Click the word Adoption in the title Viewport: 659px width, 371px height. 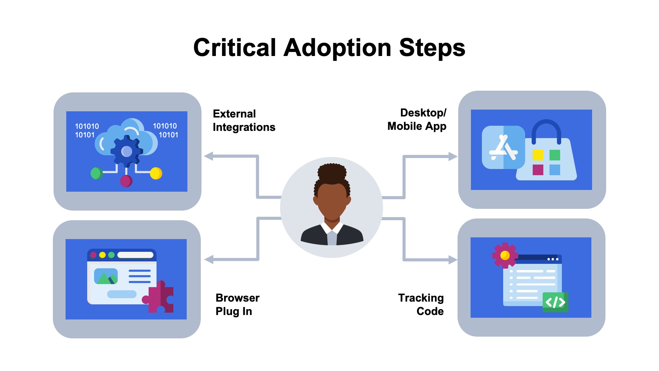click(x=337, y=48)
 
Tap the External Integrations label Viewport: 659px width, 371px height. click(x=244, y=120)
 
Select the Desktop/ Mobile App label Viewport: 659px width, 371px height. click(x=417, y=120)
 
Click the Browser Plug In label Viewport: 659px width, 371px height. click(x=237, y=304)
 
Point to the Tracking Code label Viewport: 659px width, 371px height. click(x=421, y=304)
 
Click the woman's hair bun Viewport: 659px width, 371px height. click(x=332, y=172)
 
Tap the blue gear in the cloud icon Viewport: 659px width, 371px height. click(x=127, y=151)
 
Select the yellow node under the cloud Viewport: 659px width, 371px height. click(x=156, y=173)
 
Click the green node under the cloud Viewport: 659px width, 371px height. click(x=96, y=173)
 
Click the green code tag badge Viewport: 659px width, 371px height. click(x=555, y=302)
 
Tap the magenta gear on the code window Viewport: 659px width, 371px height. click(x=505, y=255)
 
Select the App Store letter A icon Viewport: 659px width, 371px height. click(x=503, y=148)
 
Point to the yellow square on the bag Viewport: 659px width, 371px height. click(x=538, y=155)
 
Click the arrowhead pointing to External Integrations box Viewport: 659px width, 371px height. click(x=209, y=156)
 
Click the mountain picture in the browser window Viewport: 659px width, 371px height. click(x=106, y=277)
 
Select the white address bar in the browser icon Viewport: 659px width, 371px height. click(x=135, y=255)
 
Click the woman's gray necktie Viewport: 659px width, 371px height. click(x=332, y=238)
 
